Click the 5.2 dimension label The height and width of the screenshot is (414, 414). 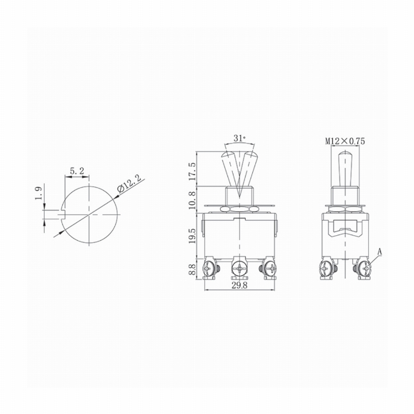[77, 171]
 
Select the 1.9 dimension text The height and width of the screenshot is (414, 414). [39, 193]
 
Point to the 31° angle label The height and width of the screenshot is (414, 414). [240, 138]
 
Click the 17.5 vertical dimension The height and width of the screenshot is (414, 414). [192, 171]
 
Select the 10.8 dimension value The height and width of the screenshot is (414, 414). [192, 200]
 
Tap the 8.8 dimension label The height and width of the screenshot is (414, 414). [192, 269]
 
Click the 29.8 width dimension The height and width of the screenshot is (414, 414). [240, 285]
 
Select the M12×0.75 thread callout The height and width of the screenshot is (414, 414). [345, 141]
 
